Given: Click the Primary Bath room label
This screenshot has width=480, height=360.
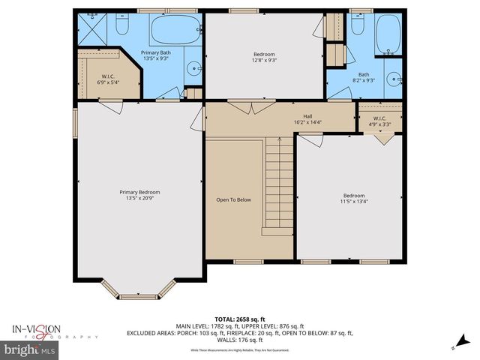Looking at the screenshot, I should (157, 55).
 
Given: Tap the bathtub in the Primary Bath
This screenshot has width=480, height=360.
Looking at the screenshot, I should (175, 29).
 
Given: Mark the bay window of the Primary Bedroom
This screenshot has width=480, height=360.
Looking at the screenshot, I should (139, 289).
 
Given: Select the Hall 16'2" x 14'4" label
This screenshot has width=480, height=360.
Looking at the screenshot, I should (307, 118).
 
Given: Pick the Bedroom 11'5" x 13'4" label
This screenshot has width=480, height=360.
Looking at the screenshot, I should (355, 198).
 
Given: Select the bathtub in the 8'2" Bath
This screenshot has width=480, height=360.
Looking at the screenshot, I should (388, 33).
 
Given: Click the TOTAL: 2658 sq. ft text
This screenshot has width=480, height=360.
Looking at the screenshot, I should (239, 319).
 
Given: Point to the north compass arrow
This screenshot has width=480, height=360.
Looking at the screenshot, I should (454, 346).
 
